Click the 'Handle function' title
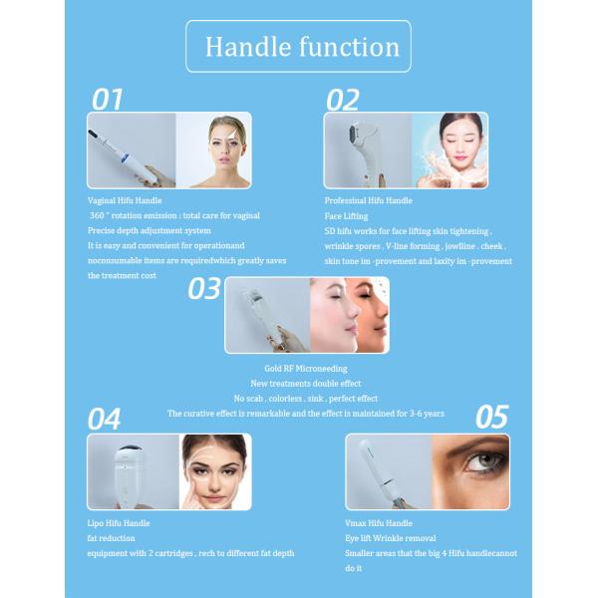point(301,47)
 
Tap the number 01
point(108,99)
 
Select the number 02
point(343,99)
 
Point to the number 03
point(204,288)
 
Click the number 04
point(105,419)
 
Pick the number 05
point(491,417)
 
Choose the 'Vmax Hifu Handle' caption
point(379,522)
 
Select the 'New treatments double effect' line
point(305,383)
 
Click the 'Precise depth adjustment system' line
point(149,230)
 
